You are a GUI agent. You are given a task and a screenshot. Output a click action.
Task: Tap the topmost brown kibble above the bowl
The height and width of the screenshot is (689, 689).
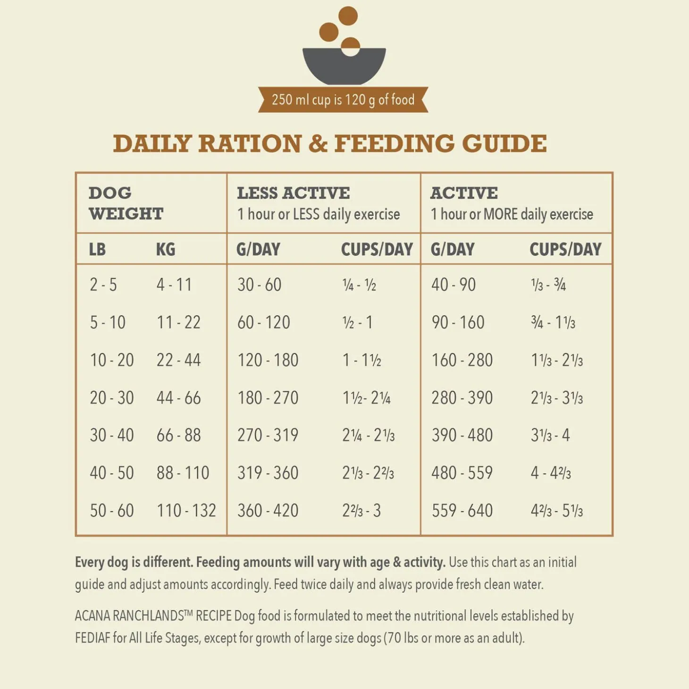pyautogui.click(x=348, y=16)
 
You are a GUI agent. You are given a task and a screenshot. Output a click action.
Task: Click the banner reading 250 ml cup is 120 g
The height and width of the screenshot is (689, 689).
pyautogui.click(x=343, y=100)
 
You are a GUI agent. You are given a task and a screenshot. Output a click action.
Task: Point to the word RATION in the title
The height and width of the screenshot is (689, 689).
pyautogui.click(x=250, y=143)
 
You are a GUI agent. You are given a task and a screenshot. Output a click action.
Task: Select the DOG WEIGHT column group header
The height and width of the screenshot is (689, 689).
pyautogui.click(x=126, y=203)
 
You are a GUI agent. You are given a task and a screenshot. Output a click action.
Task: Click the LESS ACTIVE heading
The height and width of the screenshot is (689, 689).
pyautogui.click(x=293, y=193)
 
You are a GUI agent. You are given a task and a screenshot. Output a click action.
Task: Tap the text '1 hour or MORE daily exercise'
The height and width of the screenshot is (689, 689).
pyautogui.click(x=512, y=214)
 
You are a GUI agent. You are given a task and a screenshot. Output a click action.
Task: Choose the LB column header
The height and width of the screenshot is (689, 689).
pyautogui.click(x=97, y=249)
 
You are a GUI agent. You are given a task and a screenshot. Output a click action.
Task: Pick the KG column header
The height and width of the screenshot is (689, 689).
pyautogui.click(x=166, y=249)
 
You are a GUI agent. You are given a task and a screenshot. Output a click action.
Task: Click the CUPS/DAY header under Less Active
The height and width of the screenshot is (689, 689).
pyautogui.click(x=377, y=249)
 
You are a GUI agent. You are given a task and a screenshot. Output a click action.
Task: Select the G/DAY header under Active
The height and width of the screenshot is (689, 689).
pyautogui.click(x=452, y=249)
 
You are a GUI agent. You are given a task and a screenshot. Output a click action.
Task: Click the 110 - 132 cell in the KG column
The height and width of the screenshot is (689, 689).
pyautogui.click(x=186, y=511)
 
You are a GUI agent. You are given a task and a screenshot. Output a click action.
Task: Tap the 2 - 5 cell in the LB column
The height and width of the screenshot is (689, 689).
pyautogui.click(x=103, y=285)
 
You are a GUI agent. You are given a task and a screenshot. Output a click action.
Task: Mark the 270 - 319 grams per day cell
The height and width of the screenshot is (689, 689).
pyautogui.click(x=268, y=435)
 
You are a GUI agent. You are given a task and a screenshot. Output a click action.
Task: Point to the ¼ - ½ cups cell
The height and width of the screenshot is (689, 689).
pyautogui.click(x=359, y=285)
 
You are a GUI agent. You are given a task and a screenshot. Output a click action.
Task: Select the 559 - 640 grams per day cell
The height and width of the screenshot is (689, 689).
pyautogui.click(x=462, y=511)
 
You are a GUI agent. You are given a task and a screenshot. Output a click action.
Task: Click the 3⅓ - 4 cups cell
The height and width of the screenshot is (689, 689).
pyautogui.click(x=550, y=435)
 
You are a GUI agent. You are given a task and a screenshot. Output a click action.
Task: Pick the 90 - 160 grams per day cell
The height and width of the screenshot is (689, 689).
pyautogui.click(x=458, y=323)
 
